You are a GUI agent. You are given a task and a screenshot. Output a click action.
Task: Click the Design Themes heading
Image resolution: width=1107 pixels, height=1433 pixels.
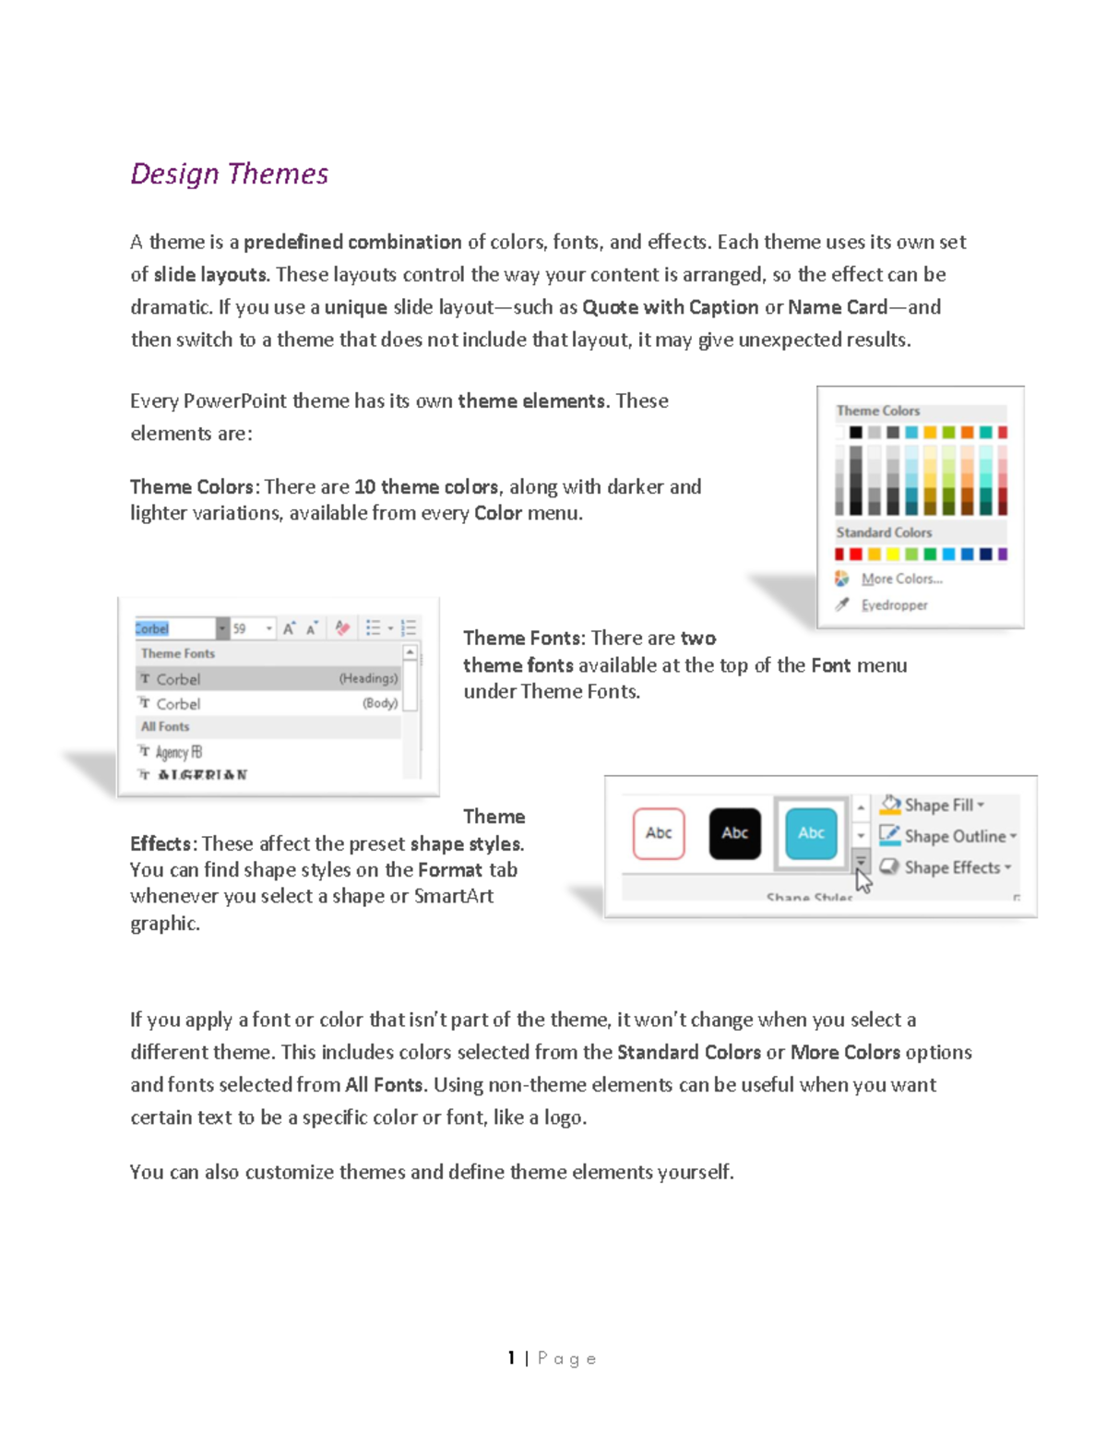tap(229, 173)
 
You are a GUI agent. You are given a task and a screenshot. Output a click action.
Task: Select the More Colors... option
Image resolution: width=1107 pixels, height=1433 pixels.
tap(900, 579)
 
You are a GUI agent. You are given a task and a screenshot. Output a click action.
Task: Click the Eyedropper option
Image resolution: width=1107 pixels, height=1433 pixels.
tap(893, 605)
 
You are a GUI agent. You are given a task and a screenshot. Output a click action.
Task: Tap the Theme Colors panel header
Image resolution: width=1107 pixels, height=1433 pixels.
tap(877, 411)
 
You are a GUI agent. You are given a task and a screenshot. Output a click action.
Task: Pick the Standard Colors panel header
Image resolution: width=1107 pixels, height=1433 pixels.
tap(883, 532)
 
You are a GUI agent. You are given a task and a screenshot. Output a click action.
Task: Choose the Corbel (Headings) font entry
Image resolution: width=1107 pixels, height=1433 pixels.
tap(268, 679)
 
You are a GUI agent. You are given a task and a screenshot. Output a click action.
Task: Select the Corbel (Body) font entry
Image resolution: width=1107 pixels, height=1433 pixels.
tap(268, 703)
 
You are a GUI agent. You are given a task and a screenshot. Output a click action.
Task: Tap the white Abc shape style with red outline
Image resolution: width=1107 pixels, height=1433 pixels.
tap(659, 833)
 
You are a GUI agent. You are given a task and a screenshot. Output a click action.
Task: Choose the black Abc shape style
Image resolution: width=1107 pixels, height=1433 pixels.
tap(734, 833)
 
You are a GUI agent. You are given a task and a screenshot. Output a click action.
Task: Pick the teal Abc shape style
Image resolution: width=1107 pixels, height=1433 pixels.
tap(811, 833)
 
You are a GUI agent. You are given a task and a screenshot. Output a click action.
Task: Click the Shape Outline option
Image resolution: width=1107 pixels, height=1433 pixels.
tap(954, 836)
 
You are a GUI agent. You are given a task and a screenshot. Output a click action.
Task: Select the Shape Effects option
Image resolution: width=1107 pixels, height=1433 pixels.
tap(951, 867)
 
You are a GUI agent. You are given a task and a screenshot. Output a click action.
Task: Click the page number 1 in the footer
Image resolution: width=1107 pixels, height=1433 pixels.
tap(511, 1358)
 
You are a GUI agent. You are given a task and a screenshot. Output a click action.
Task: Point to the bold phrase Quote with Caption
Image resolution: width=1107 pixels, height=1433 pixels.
tap(670, 307)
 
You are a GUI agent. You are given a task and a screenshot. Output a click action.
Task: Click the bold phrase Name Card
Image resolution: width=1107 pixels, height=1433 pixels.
tap(837, 307)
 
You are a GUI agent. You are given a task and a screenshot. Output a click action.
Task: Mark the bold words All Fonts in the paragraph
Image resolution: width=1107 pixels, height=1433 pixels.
tap(384, 1085)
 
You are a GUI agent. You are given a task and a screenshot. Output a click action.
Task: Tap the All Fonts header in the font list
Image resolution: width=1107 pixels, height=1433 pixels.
tap(165, 727)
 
